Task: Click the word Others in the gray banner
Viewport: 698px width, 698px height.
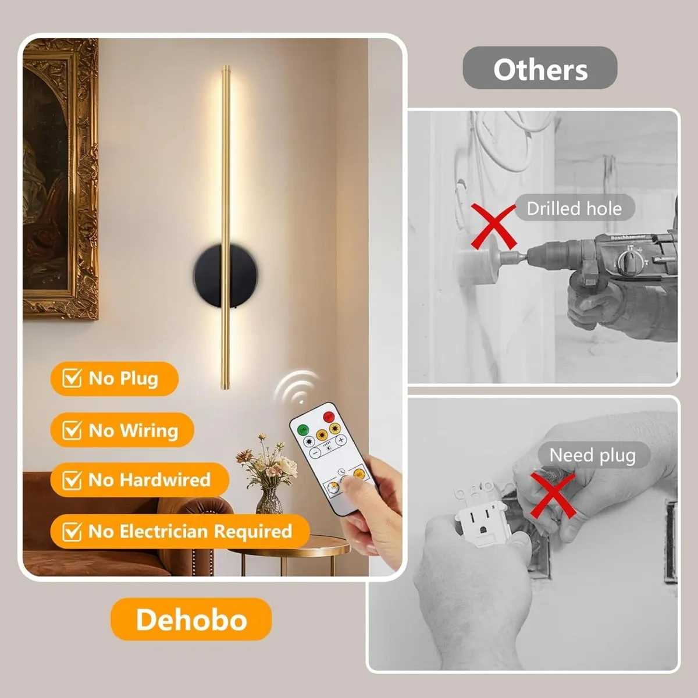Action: (540, 70)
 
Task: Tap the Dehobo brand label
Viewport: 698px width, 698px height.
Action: (191, 619)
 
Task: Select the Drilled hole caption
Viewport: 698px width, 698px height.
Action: (574, 208)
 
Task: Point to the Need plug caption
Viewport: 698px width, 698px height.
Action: (592, 455)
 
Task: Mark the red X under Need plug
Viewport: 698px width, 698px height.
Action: (552, 495)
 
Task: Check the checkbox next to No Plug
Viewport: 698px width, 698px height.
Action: (72, 379)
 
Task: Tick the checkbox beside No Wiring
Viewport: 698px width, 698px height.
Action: (72, 430)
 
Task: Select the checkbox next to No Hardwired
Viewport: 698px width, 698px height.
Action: (72, 480)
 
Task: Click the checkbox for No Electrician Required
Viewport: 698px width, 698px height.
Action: (72, 532)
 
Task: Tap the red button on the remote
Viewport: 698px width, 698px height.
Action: (328, 416)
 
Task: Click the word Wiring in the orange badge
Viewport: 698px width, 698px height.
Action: (149, 430)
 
